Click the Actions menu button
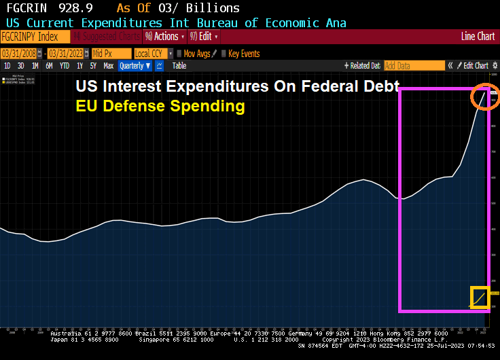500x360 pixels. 165,37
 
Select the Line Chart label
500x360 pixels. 478,37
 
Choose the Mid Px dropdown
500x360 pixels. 111,53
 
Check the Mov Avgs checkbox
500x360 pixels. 179,53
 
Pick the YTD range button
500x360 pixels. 65,66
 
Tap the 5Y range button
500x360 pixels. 93,66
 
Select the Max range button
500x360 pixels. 108,66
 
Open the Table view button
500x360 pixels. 179,66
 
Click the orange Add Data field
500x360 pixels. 414,66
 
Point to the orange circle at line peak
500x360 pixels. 485,96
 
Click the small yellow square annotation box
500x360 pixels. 480,298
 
